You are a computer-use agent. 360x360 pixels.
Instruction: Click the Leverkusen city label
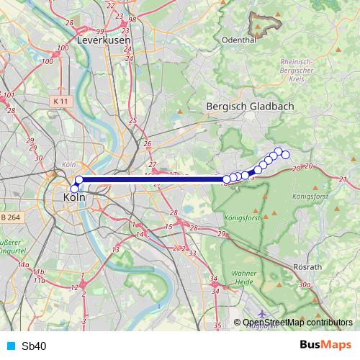(105, 41)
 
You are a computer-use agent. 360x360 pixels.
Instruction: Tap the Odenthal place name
(240, 40)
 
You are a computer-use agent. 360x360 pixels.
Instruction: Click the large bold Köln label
(75, 197)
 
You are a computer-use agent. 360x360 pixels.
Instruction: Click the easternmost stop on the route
(285, 155)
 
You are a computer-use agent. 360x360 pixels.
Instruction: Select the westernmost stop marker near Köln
(74, 189)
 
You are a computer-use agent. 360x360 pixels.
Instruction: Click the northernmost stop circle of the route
(278, 151)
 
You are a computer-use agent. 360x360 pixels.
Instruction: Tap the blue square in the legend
(9, 346)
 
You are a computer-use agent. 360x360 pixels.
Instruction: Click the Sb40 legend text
(34, 346)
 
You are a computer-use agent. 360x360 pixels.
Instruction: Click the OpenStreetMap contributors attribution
(297, 323)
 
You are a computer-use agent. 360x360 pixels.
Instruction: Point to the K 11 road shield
(60, 102)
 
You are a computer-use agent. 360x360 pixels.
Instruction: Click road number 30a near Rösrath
(305, 284)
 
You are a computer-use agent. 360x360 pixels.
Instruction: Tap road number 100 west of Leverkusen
(48, 61)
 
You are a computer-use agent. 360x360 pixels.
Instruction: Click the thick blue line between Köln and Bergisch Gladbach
(151, 180)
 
